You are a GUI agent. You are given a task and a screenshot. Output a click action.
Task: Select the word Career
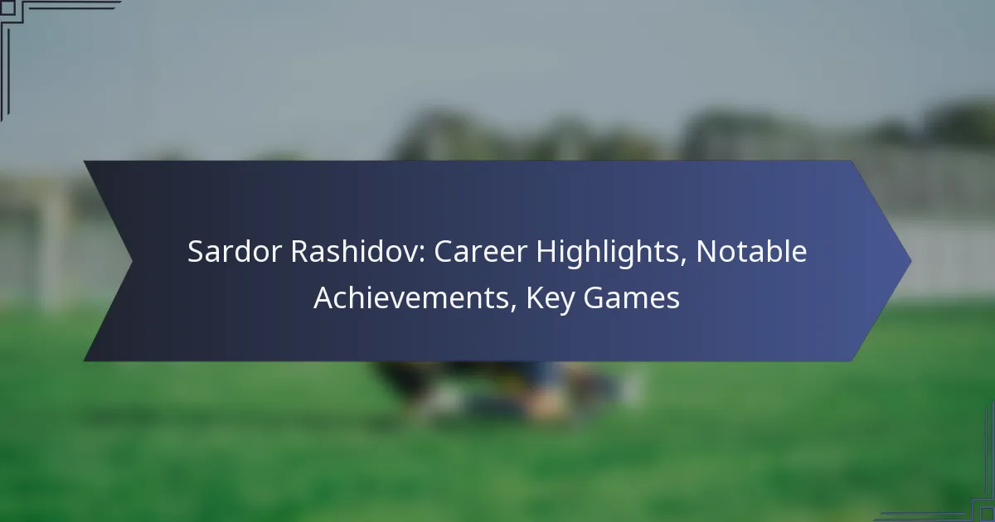pyautogui.click(x=480, y=252)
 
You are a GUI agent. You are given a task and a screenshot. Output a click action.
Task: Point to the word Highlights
pyautogui.click(x=607, y=254)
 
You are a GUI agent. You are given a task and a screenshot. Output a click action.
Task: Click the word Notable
pyautogui.click(x=751, y=251)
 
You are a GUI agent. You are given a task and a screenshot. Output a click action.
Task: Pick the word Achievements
pyautogui.click(x=411, y=297)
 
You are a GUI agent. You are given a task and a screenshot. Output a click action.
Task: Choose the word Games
pyautogui.click(x=631, y=297)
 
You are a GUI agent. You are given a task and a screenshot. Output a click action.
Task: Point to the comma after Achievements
pyautogui.click(x=513, y=309)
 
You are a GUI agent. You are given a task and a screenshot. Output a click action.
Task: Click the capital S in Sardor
pyautogui.click(x=196, y=252)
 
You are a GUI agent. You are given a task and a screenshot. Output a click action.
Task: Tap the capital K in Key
pyautogui.click(x=535, y=297)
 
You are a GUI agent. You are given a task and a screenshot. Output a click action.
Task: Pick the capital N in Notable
pyautogui.click(x=706, y=252)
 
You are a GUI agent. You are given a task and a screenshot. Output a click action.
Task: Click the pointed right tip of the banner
pyautogui.click(x=911, y=261)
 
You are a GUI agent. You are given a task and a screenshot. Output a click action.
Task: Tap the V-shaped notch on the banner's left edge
pyautogui.click(x=132, y=261)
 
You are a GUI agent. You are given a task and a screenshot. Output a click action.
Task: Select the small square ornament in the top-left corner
pyautogui.click(x=7, y=7)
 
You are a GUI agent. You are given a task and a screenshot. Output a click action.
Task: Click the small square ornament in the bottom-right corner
pyautogui.click(x=988, y=514)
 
